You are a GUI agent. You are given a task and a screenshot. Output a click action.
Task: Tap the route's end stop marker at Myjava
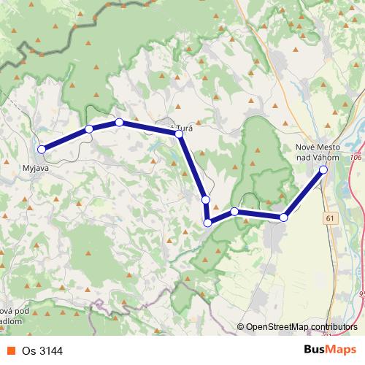pos(42,149)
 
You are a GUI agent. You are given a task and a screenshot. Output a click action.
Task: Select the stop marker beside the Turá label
pos(179,134)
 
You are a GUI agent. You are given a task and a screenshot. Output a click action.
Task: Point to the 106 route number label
pos(356,157)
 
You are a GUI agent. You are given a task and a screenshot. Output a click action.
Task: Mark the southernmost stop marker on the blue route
pos(208,223)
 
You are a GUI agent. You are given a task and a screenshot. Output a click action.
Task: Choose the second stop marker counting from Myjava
pos(89,129)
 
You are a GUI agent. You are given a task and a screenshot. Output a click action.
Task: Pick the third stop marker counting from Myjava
pos(119,122)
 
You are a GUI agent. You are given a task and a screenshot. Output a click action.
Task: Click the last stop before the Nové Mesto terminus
pos(284,217)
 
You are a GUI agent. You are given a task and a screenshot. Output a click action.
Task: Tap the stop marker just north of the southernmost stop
pos(205,199)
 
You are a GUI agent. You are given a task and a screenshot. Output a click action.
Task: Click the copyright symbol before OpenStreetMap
pos(240,327)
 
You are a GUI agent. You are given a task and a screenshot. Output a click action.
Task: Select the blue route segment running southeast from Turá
pos(192,166)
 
